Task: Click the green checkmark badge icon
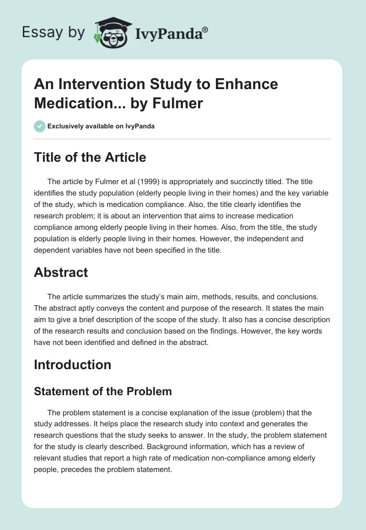pos(40,126)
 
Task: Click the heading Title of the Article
pos(90,157)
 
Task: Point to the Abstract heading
pos(61,272)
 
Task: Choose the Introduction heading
pos(72,365)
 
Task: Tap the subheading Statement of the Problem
pos(103,391)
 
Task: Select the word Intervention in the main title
pos(96,84)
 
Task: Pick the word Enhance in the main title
pos(248,84)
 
